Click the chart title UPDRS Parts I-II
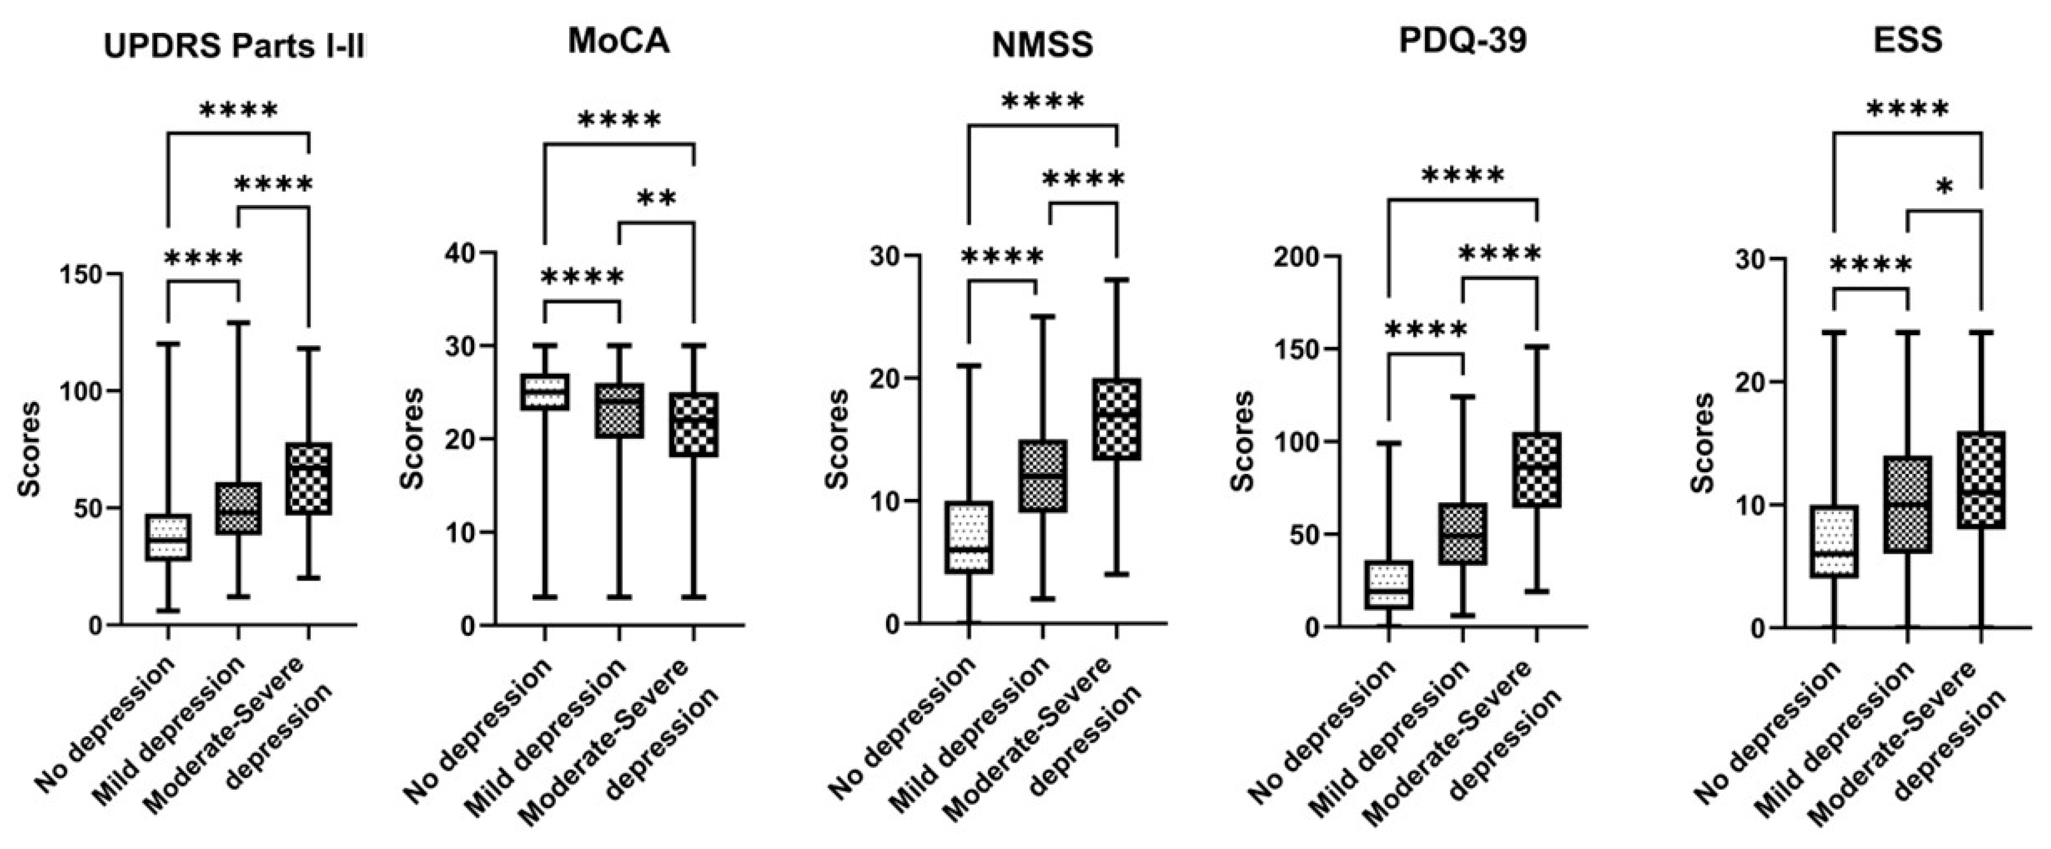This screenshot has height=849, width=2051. coord(234,47)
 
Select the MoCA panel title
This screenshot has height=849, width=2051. coord(619,41)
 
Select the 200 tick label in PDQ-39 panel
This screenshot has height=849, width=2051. coord(1296,256)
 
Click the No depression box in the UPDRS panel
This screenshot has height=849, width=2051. coord(168,537)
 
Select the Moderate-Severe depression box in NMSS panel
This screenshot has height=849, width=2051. coord(1117,419)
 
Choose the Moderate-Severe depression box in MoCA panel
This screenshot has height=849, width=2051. coord(694,424)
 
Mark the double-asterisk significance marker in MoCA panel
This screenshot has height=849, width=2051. coord(657,198)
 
